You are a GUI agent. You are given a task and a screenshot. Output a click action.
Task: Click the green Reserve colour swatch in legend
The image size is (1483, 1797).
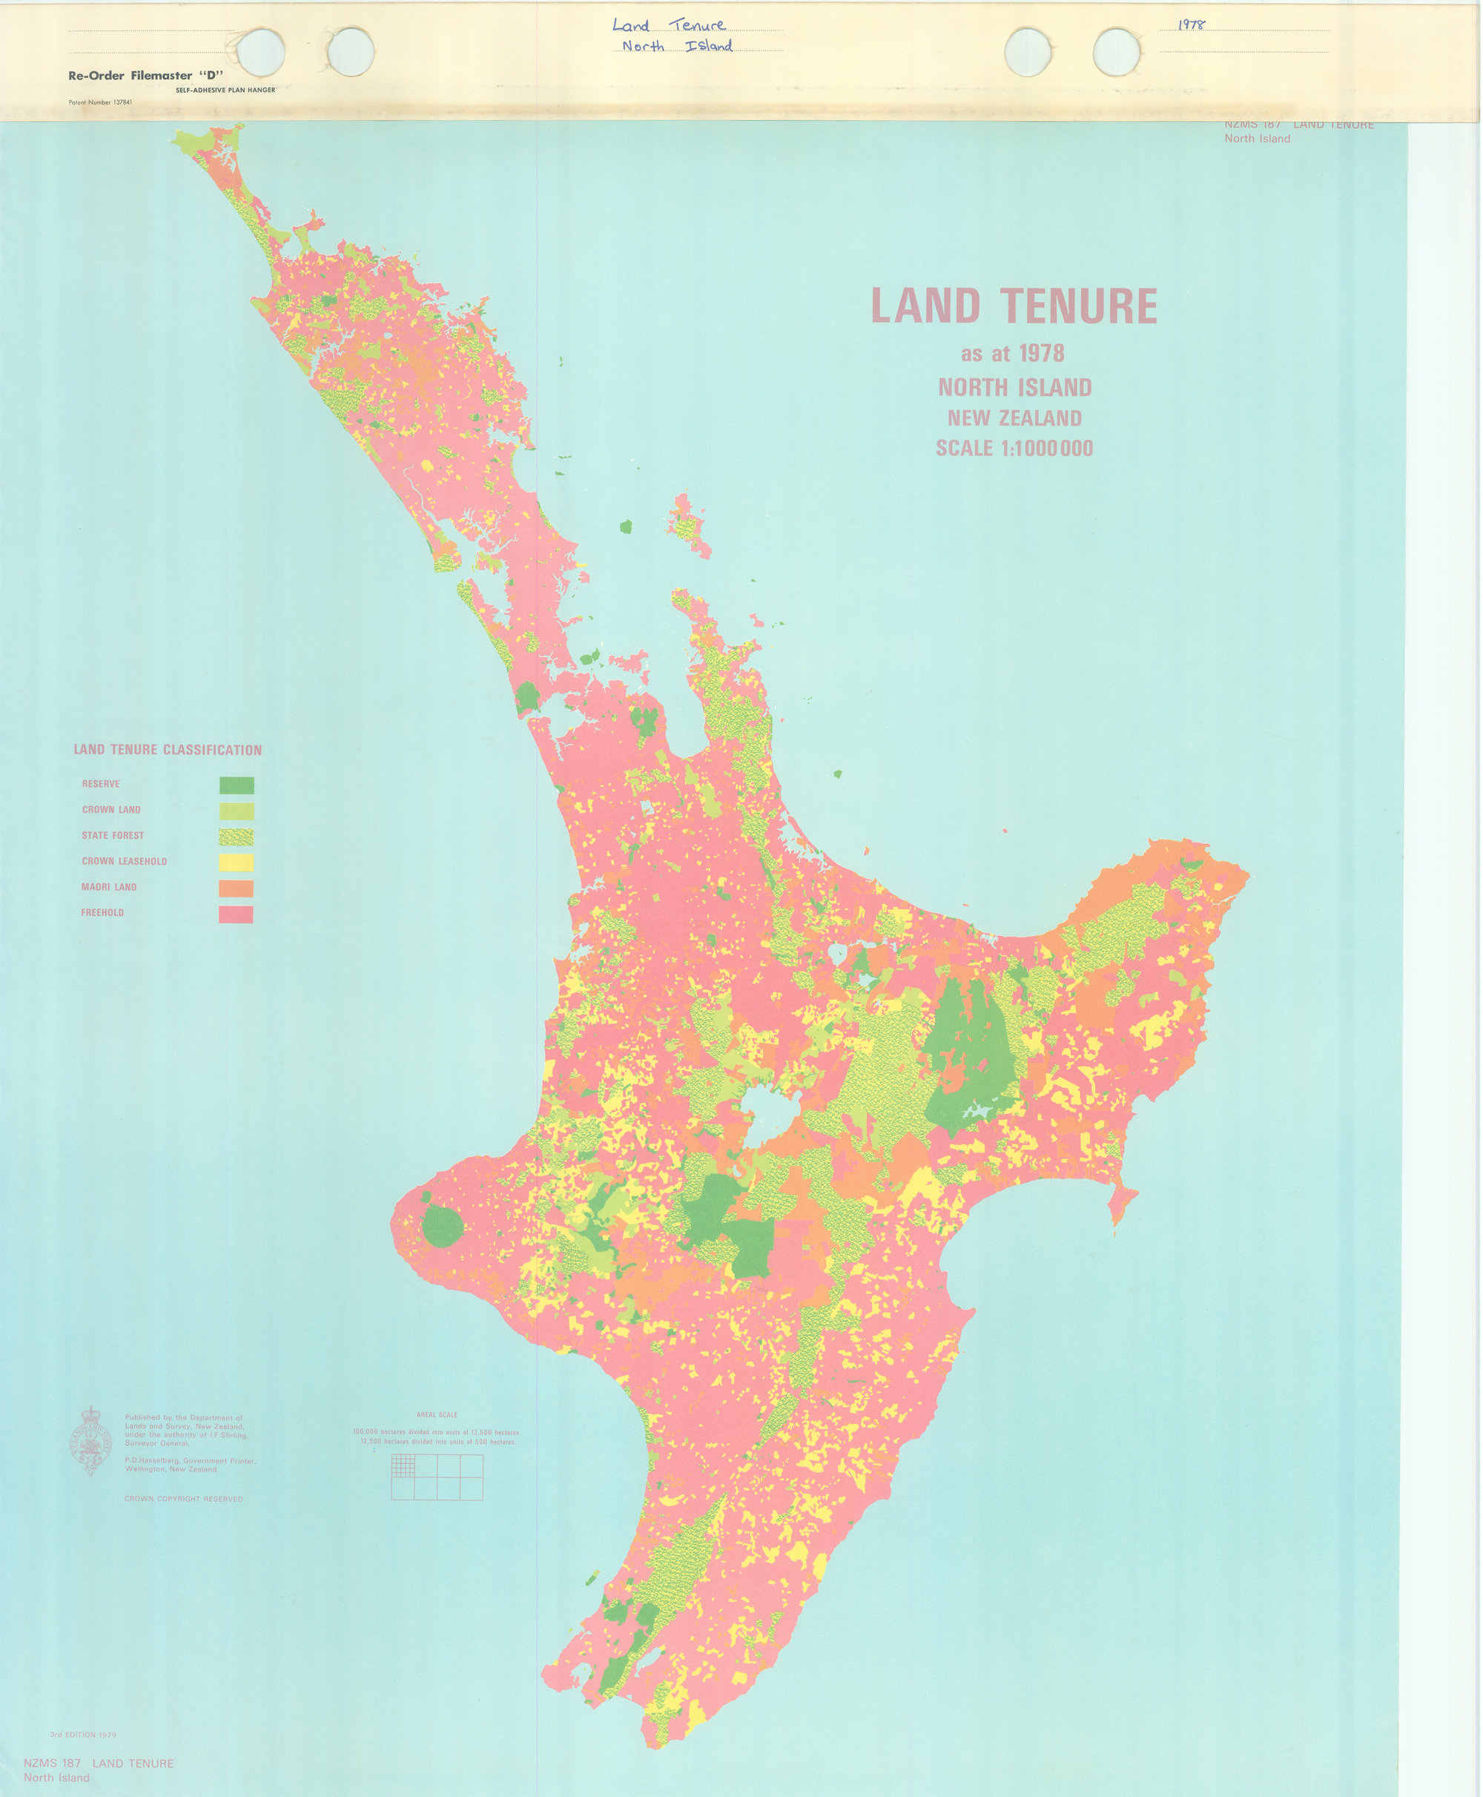tap(237, 785)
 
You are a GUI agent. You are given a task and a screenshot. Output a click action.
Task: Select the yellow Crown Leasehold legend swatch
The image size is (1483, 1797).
tap(237, 863)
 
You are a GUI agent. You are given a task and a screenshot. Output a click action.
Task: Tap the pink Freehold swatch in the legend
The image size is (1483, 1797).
tap(237, 914)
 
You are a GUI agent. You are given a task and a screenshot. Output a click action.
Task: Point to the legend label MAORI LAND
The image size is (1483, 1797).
tap(109, 887)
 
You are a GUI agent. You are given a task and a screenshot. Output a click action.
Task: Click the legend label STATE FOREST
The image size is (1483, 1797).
tap(113, 836)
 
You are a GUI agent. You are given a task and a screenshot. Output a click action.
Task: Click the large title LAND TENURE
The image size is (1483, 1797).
tap(1014, 306)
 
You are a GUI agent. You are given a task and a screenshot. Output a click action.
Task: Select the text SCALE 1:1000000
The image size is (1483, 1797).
tap(1014, 449)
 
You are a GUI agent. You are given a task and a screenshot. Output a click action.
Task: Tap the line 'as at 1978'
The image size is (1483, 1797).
tap(1012, 354)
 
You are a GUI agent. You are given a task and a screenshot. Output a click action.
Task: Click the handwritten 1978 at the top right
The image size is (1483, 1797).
tap(1191, 24)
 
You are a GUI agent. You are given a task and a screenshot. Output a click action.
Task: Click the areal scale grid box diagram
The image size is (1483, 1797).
tap(437, 1477)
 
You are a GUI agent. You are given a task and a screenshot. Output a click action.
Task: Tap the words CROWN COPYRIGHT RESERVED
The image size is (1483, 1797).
tap(184, 1499)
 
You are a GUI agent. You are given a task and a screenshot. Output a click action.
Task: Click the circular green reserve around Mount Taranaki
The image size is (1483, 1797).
tap(443, 1228)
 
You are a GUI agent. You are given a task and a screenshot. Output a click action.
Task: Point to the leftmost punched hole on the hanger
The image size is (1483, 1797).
tap(260, 51)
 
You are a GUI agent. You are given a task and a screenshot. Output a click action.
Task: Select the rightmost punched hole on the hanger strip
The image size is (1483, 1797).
tap(1117, 51)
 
